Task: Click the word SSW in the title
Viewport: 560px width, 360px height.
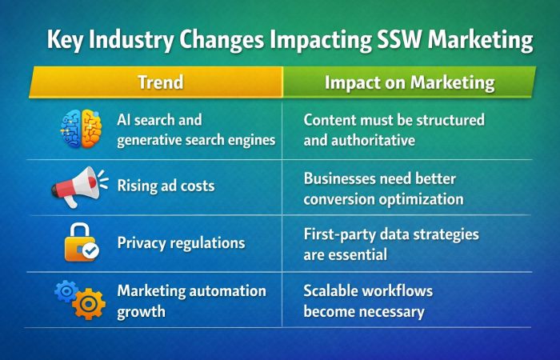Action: pyautogui.click(x=388, y=40)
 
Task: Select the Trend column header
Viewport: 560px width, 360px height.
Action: pyautogui.click(x=161, y=82)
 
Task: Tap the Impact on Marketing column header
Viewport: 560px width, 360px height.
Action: pyautogui.click(x=409, y=82)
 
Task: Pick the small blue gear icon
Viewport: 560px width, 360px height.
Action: pyautogui.click(x=64, y=290)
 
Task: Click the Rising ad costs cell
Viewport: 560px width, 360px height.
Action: pyautogui.click(x=166, y=186)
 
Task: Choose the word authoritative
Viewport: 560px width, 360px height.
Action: pyautogui.click(x=376, y=139)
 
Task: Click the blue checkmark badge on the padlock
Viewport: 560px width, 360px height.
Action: pyautogui.click(x=91, y=250)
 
